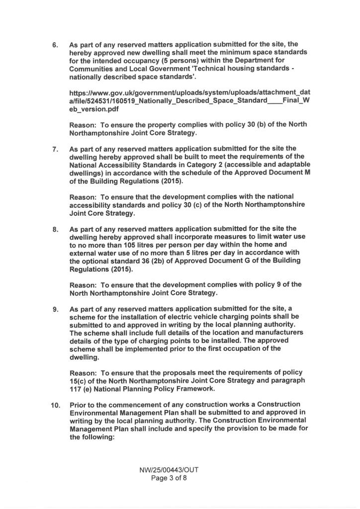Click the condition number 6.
(x=55, y=45)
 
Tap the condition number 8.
(x=55, y=230)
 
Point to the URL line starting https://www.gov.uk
(x=189, y=92)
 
